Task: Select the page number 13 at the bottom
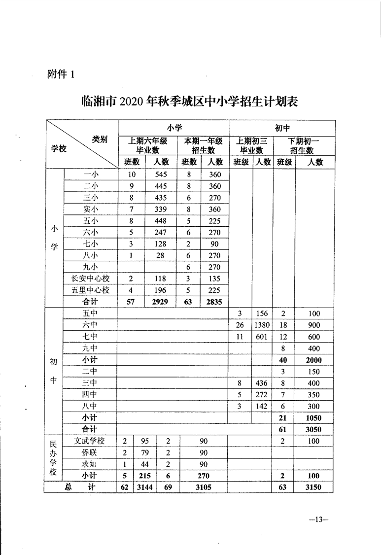(317, 520)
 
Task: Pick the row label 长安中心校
(91, 279)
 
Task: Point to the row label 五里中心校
(91, 290)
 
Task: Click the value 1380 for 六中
(263, 325)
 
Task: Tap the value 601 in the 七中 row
(263, 337)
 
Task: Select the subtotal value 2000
(313, 360)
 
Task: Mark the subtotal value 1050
(313, 418)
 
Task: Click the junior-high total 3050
(313, 429)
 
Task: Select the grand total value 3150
(313, 487)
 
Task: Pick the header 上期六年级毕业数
(147, 145)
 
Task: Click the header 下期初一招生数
(303, 145)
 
